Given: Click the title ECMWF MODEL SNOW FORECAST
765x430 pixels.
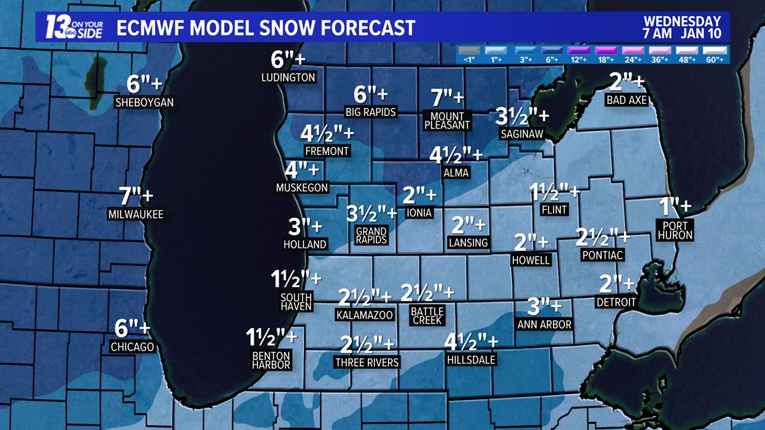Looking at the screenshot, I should (x=266, y=28).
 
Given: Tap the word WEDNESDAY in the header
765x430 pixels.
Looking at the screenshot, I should (x=682, y=21).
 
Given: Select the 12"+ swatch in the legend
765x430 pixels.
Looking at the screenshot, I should (x=578, y=51).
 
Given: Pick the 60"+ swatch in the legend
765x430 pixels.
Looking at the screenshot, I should (x=714, y=51).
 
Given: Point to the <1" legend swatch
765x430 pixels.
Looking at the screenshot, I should (x=469, y=51).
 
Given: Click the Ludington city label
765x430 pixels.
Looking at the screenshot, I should (x=288, y=77).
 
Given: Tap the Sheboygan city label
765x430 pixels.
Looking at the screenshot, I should (x=144, y=103).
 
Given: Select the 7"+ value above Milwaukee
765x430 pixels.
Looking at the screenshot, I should (x=136, y=197).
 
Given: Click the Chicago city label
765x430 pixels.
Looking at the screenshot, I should (x=132, y=347).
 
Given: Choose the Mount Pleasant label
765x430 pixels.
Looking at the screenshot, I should (x=448, y=121).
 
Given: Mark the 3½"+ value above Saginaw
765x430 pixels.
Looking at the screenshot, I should (x=521, y=116).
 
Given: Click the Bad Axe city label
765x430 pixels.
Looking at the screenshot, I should (x=626, y=100).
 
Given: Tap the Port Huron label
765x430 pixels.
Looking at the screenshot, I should (x=675, y=231).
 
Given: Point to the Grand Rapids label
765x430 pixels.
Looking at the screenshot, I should (x=371, y=235).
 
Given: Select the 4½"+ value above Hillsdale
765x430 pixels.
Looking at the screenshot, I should (x=471, y=341).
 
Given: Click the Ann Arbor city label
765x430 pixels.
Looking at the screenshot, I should (x=544, y=324).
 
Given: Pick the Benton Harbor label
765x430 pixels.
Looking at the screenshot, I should (x=271, y=360).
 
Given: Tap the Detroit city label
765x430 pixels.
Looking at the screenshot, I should (x=616, y=303).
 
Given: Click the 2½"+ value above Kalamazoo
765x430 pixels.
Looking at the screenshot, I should (x=364, y=297).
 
